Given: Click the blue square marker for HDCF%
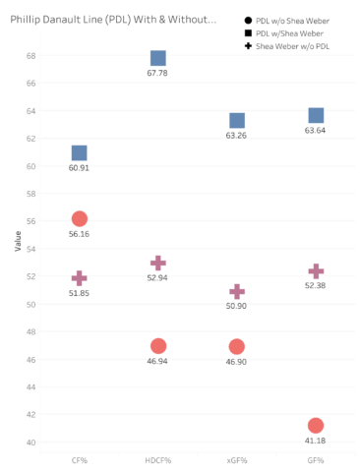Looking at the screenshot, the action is pyautogui.click(x=158, y=58).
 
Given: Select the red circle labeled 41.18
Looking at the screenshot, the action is pyautogui.click(x=316, y=426).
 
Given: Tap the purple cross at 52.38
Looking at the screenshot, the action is pyautogui.click(x=316, y=271).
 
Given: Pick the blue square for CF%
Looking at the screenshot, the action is pyautogui.click(x=80, y=153).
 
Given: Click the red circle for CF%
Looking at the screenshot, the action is pyautogui.click(x=80, y=218).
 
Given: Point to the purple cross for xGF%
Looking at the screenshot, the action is pyautogui.click(x=237, y=292).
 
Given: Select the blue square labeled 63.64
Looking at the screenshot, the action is pyautogui.click(x=316, y=115).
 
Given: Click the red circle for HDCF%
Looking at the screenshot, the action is pyautogui.click(x=158, y=346).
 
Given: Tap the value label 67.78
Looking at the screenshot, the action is pyautogui.click(x=157, y=73).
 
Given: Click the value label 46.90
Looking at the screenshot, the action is pyautogui.click(x=236, y=362).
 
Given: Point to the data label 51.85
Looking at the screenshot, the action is pyautogui.click(x=79, y=293).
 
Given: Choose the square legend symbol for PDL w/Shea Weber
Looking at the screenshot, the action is pyautogui.click(x=248, y=33).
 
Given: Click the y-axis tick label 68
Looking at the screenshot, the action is pyautogui.click(x=31, y=56).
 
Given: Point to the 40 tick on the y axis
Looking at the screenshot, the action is pyautogui.click(x=31, y=442).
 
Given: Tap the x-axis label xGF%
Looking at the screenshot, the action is pyautogui.click(x=237, y=460).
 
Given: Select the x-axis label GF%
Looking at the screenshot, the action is pyautogui.click(x=316, y=460).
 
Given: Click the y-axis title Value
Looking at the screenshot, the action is pyautogui.click(x=18, y=241).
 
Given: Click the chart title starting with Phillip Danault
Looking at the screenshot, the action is pyautogui.click(x=113, y=20).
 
